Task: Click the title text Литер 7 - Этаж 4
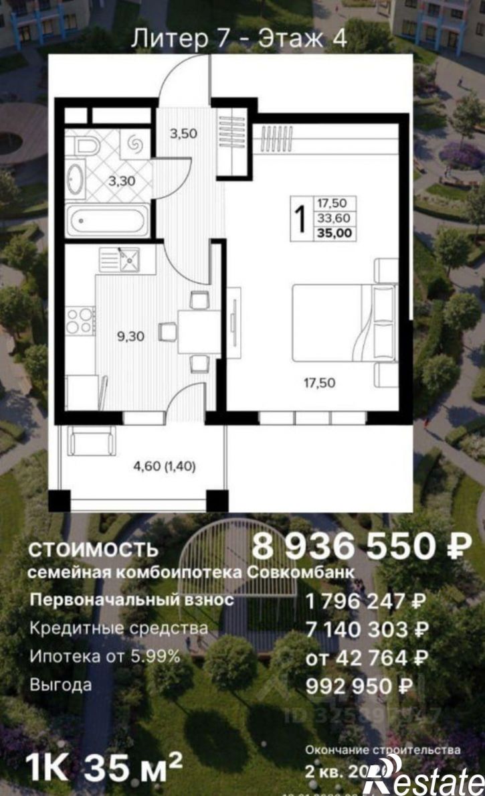point(239,39)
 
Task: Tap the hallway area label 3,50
point(183,133)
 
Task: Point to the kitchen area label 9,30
point(130,337)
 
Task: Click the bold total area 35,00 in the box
point(336,233)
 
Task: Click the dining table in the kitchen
point(199,331)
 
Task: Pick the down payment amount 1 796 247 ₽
point(366,601)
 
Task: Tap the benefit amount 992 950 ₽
point(358,686)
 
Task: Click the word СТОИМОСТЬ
point(93,550)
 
